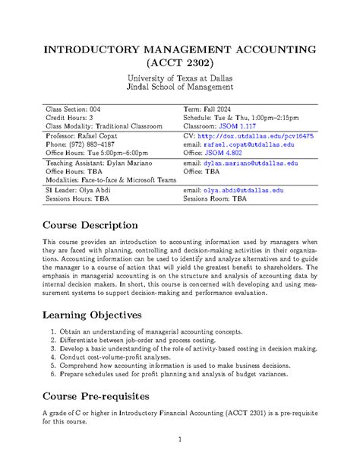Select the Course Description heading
point(90,226)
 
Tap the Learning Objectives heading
point(92,315)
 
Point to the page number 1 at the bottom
point(179,439)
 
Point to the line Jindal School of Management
point(179,89)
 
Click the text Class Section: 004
point(79,109)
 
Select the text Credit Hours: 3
point(74,117)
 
